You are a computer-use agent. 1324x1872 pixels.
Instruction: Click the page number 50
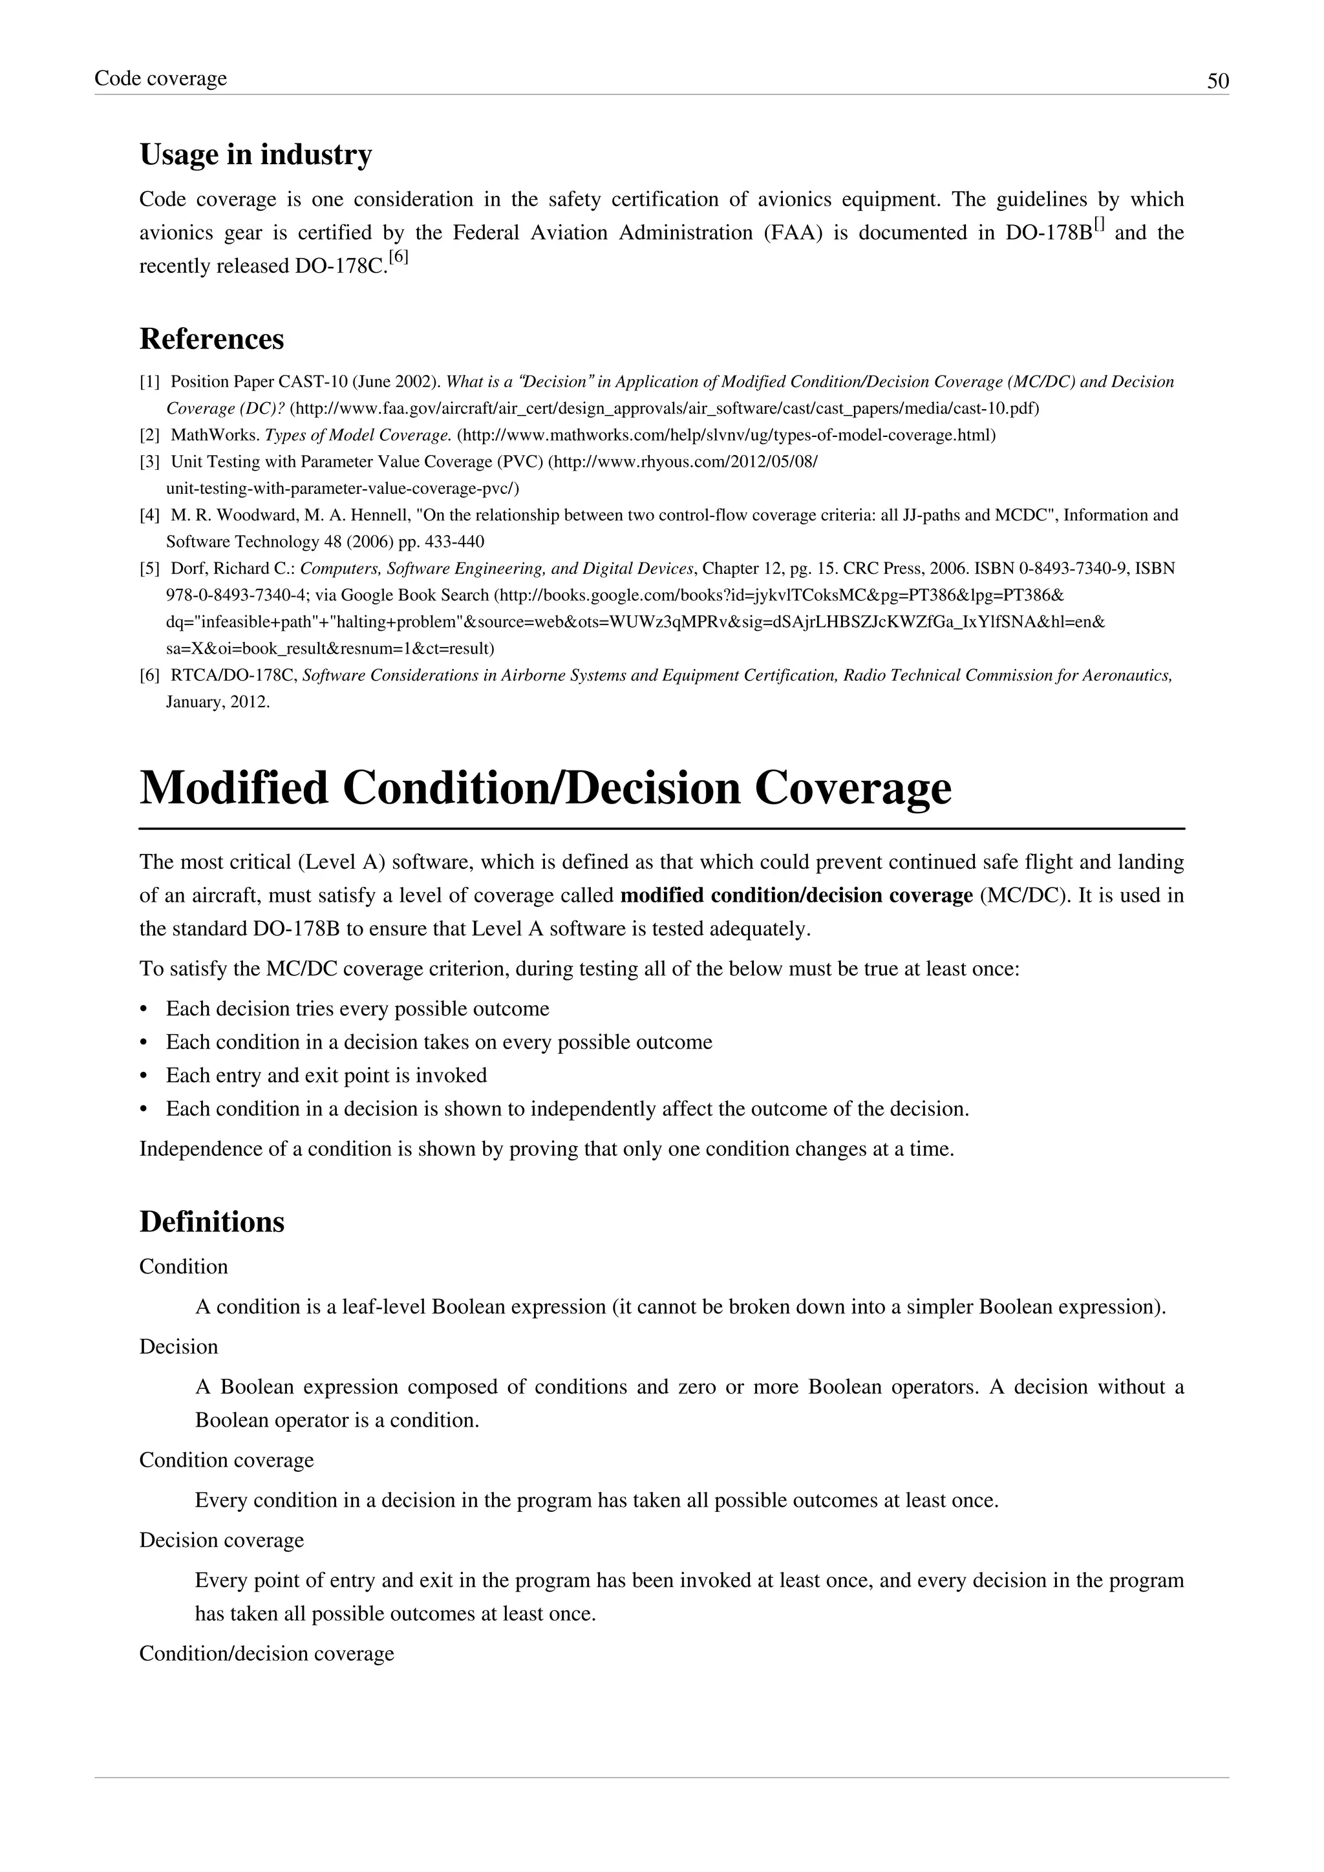pos(1217,81)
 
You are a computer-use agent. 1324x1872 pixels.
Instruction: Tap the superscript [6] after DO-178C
pos(399,258)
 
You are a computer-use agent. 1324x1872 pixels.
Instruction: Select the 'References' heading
pos(211,338)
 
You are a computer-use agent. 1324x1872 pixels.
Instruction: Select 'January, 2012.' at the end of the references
pos(218,702)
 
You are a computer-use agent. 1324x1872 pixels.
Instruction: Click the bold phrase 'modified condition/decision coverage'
pos(796,895)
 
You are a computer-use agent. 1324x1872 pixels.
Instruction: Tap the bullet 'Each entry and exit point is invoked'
pos(326,1076)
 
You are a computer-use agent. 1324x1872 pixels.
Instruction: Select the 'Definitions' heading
pos(211,1221)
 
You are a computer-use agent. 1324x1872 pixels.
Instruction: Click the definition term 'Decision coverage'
pos(221,1540)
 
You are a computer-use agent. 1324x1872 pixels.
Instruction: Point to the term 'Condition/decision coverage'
pos(266,1654)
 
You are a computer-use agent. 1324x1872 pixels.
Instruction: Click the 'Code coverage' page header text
pos(160,78)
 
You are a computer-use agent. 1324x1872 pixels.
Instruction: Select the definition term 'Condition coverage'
pos(226,1460)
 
